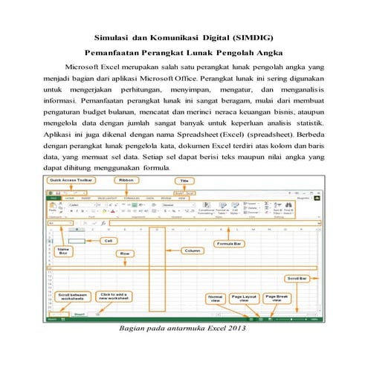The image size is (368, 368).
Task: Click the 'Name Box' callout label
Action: tap(62, 253)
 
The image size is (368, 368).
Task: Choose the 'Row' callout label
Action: tap(129, 254)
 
